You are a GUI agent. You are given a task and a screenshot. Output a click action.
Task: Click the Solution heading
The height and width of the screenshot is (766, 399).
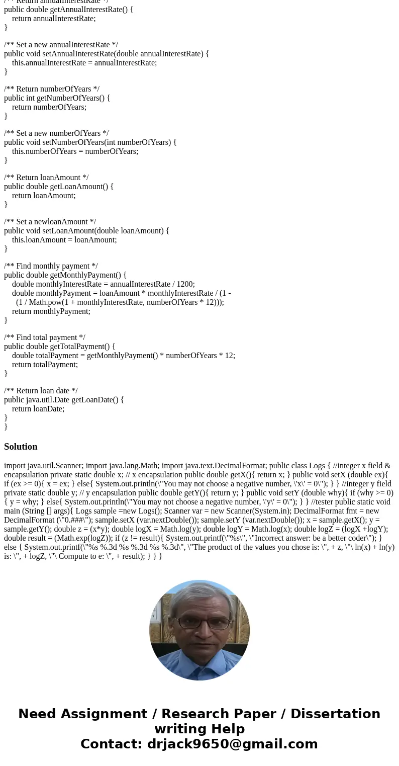tap(21, 447)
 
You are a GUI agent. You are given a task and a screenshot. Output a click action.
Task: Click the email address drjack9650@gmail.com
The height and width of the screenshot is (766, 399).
tap(232, 744)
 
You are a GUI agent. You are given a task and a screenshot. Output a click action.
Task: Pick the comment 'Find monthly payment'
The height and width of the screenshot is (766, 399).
tap(51, 266)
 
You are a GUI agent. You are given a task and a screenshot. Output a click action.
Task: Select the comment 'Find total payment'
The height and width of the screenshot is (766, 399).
tap(45, 337)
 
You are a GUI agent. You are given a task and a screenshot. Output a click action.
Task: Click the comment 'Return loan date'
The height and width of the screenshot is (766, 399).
tap(41, 391)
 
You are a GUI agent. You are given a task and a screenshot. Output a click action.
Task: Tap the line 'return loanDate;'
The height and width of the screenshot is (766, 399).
tap(38, 409)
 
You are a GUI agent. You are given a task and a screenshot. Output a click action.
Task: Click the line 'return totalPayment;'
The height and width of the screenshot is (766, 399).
tap(45, 365)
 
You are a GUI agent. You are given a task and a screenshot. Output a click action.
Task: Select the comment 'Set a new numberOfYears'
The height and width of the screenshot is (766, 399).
tap(56, 133)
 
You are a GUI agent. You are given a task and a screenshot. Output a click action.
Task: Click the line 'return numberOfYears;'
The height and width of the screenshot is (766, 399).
tap(49, 107)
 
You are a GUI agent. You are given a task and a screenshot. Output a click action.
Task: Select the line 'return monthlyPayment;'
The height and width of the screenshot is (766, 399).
tap(51, 311)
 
